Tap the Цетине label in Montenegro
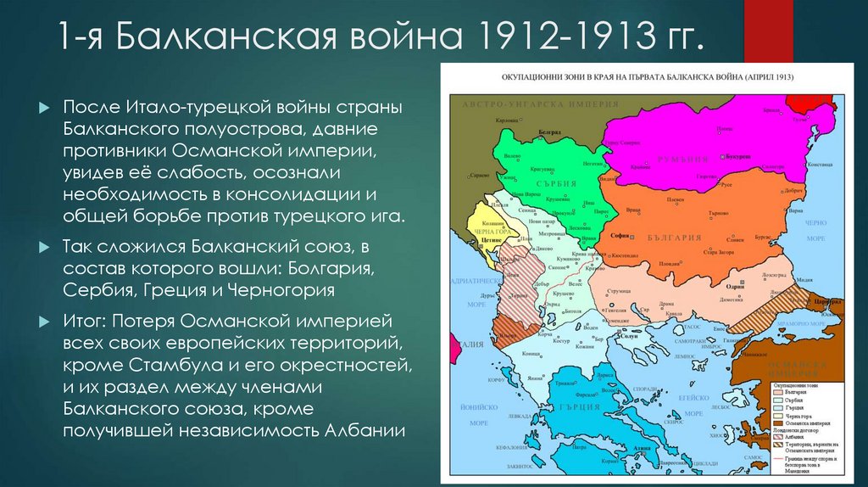click(492, 240)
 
